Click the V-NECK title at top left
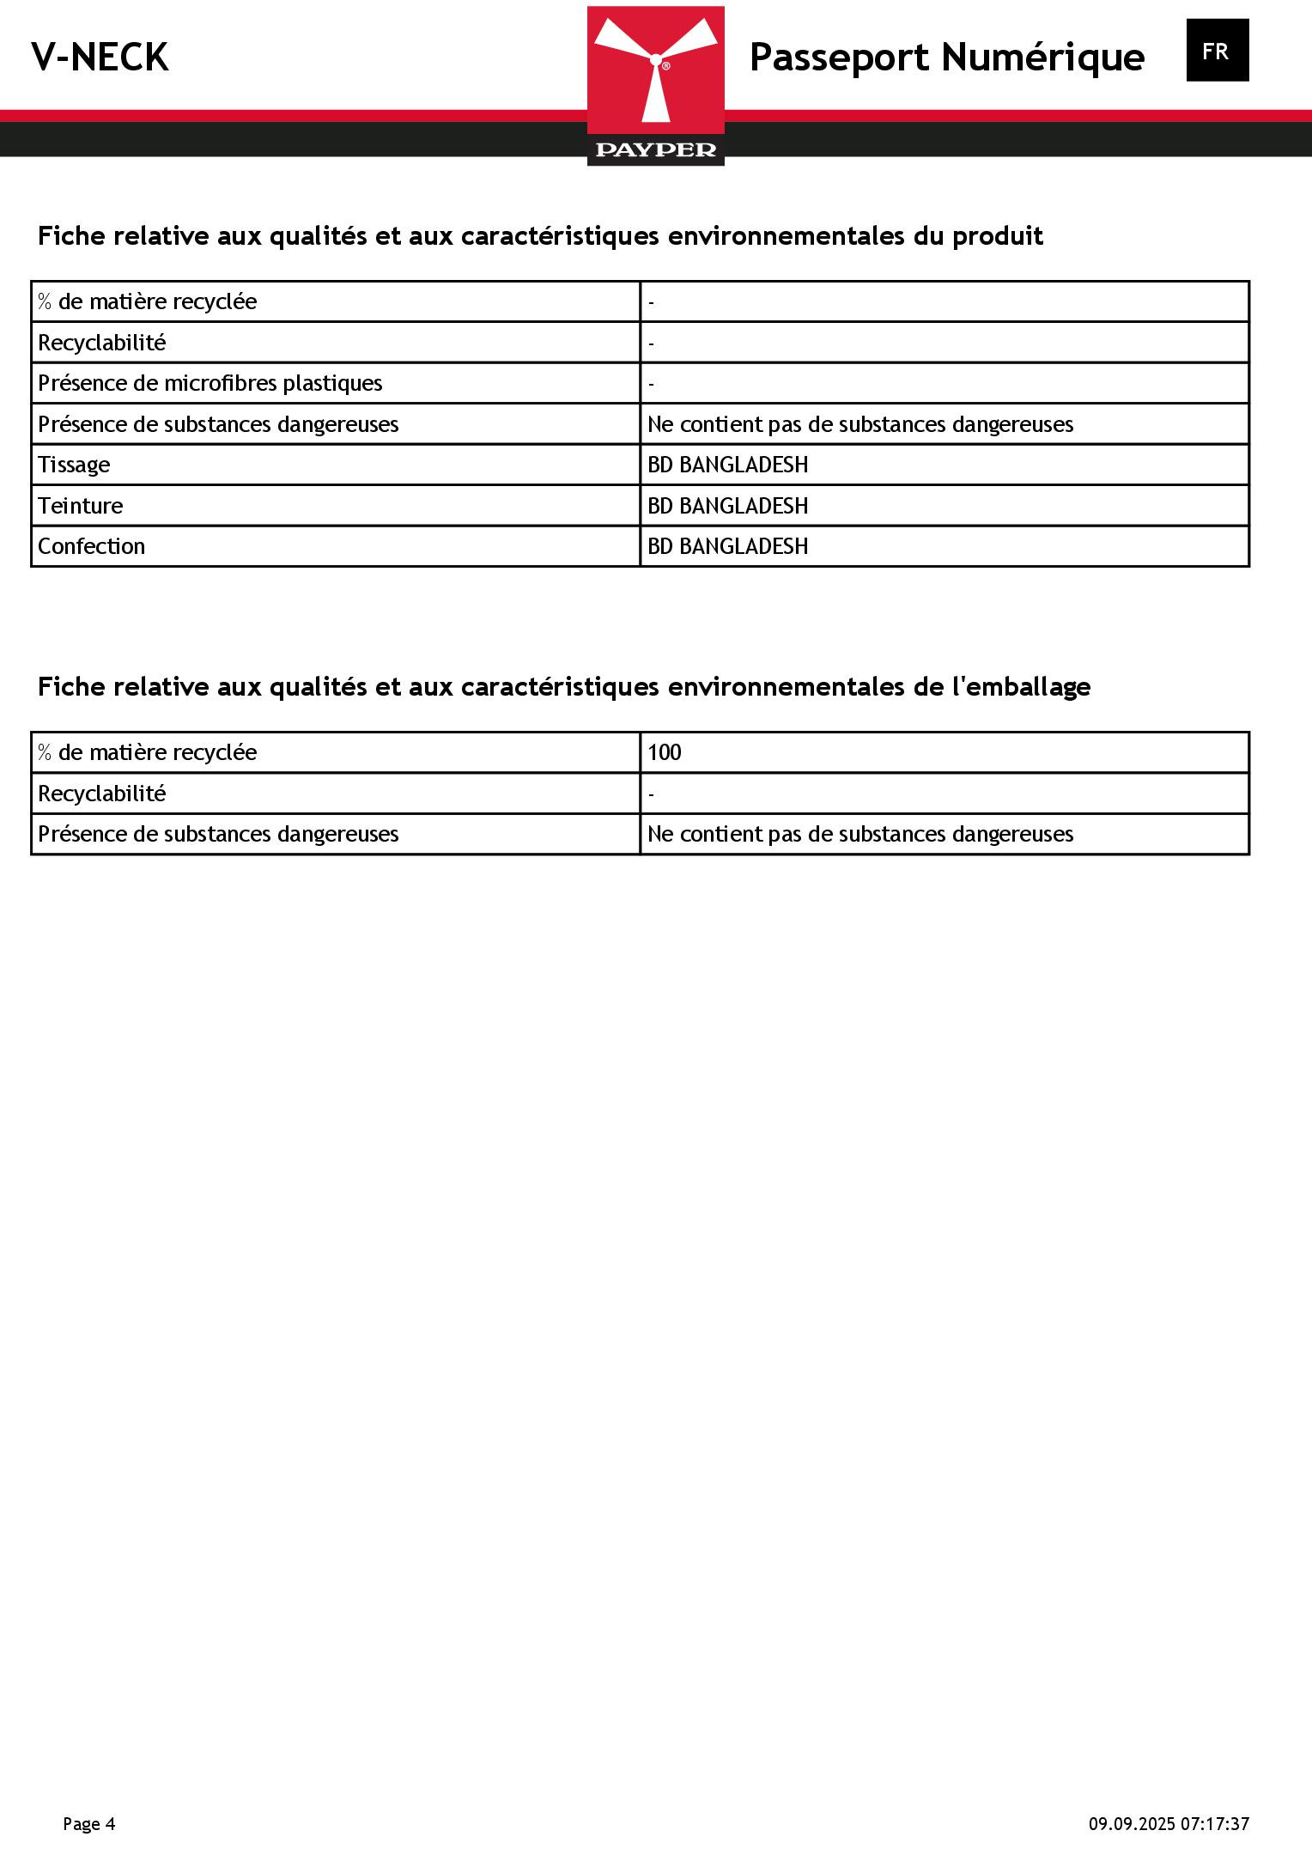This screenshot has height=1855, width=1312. pyautogui.click(x=100, y=58)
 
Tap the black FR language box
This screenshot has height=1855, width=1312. pyautogui.click(x=1217, y=51)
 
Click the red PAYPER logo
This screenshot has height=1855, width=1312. pyautogui.click(x=655, y=85)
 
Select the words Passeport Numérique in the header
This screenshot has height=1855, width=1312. pyautogui.click(x=946, y=58)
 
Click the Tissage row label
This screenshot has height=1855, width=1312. pyautogui.click(x=74, y=465)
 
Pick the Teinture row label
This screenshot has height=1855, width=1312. pyautogui.click(x=80, y=506)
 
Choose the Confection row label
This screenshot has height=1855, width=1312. pyautogui.click(x=91, y=546)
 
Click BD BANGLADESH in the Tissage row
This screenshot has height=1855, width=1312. pyautogui.click(x=727, y=465)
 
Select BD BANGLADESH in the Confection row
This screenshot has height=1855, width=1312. pyautogui.click(x=727, y=546)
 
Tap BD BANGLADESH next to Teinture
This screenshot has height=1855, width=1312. pyautogui.click(x=727, y=506)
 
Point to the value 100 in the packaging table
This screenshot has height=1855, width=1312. pyautogui.click(x=664, y=752)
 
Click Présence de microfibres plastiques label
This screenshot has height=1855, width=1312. pyautogui.click(x=210, y=383)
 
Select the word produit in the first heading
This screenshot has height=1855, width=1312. pyautogui.click(x=997, y=236)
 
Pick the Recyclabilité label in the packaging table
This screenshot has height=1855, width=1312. pyautogui.click(x=101, y=794)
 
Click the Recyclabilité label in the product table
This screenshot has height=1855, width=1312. pyautogui.click(x=101, y=343)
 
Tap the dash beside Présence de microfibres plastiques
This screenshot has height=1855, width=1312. pyautogui.click(x=652, y=384)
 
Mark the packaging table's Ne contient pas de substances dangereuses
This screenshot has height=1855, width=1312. pyautogui.click(x=859, y=834)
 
